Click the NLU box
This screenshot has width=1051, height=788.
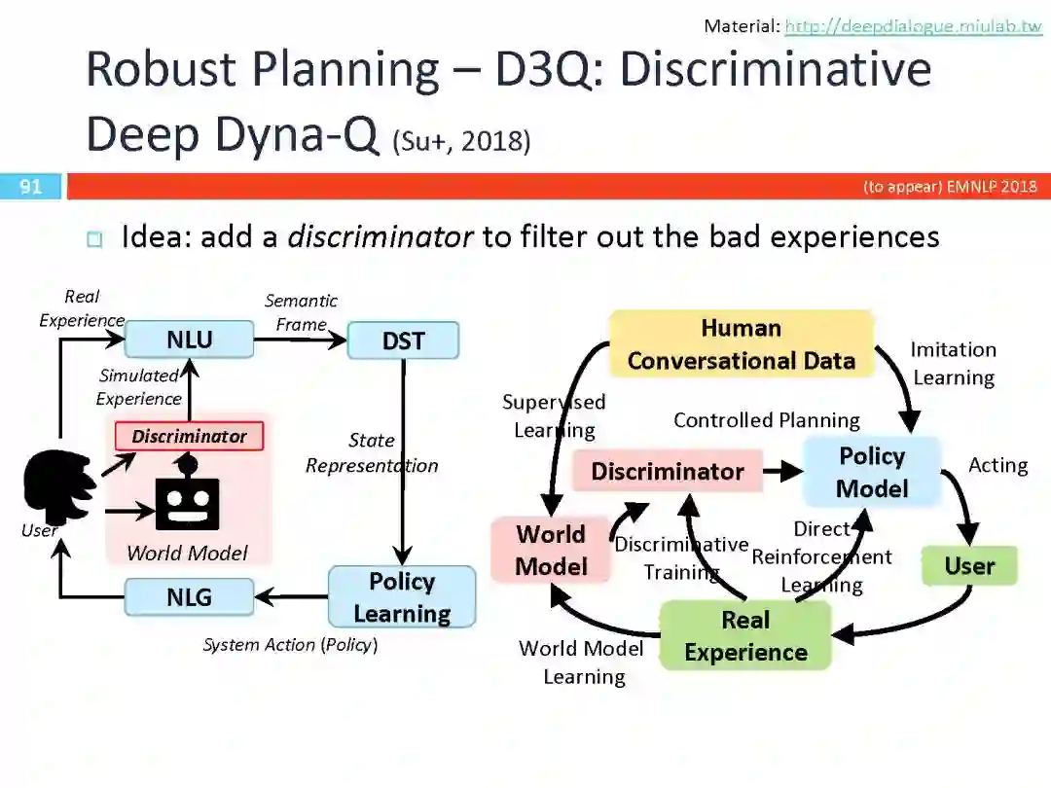[x=189, y=340]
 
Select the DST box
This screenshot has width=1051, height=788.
[x=403, y=340]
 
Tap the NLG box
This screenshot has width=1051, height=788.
[x=189, y=596]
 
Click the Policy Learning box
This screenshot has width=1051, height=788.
[x=402, y=597]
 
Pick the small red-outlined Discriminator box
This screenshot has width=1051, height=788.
[x=189, y=436]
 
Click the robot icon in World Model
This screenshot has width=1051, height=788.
[x=187, y=496]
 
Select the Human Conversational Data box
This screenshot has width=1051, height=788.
[x=741, y=344]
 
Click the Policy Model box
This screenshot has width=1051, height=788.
[x=872, y=472]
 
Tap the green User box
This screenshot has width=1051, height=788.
[x=968, y=566]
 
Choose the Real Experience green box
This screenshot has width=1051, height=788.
[x=745, y=636]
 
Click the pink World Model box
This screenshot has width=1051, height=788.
[x=551, y=551]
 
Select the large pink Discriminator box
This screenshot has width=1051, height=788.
[x=668, y=472]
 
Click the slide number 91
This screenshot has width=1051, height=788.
[x=31, y=186]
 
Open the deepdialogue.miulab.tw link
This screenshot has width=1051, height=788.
[x=913, y=26]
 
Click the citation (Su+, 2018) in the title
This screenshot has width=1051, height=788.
[x=462, y=142]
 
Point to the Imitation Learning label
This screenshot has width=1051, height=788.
[x=953, y=363]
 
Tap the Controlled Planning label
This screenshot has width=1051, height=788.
[x=767, y=420]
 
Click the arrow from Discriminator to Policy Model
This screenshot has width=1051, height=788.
[x=782, y=472]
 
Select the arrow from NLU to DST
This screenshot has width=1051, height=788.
[x=300, y=340]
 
